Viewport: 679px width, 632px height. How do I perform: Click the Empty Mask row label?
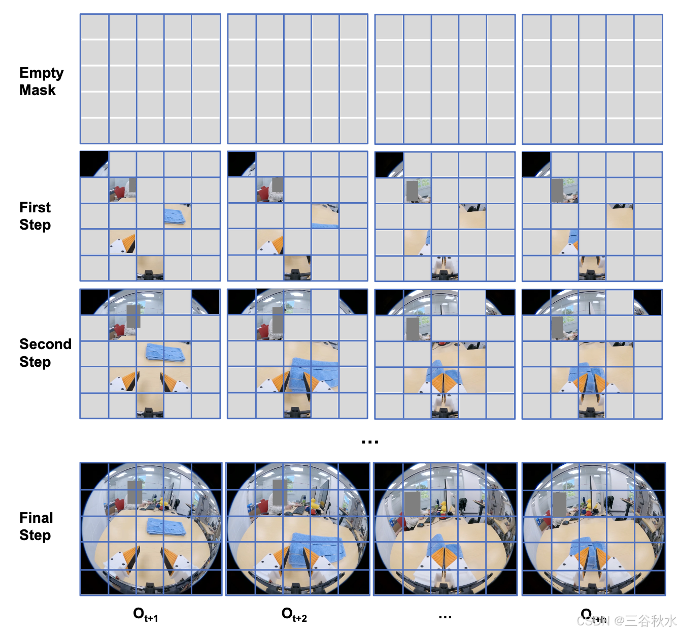pyautogui.click(x=41, y=81)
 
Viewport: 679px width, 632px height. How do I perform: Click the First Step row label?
pyautogui.click(x=35, y=216)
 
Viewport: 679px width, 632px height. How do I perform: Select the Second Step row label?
pyautogui.click(x=45, y=353)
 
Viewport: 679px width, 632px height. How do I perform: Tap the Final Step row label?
pyautogui.click(x=36, y=526)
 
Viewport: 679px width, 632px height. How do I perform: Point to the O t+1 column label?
pyautogui.click(x=146, y=615)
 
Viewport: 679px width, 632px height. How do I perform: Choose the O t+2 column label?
pyautogui.click(x=294, y=615)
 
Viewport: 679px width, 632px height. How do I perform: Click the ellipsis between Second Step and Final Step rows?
pyautogui.click(x=370, y=442)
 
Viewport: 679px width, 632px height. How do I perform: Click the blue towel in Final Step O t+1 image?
pyautogui.click(x=166, y=526)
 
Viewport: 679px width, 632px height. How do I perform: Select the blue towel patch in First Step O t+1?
pyautogui.click(x=175, y=216)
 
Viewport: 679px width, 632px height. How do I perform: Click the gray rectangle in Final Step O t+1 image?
pyautogui.click(x=134, y=492)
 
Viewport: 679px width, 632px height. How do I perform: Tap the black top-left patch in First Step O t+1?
pyautogui.click(x=92, y=163)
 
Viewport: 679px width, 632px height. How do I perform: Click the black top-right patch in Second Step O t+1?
pyautogui.click(x=205, y=302)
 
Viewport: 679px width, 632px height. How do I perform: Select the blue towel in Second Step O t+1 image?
pyautogui.click(x=165, y=352)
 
